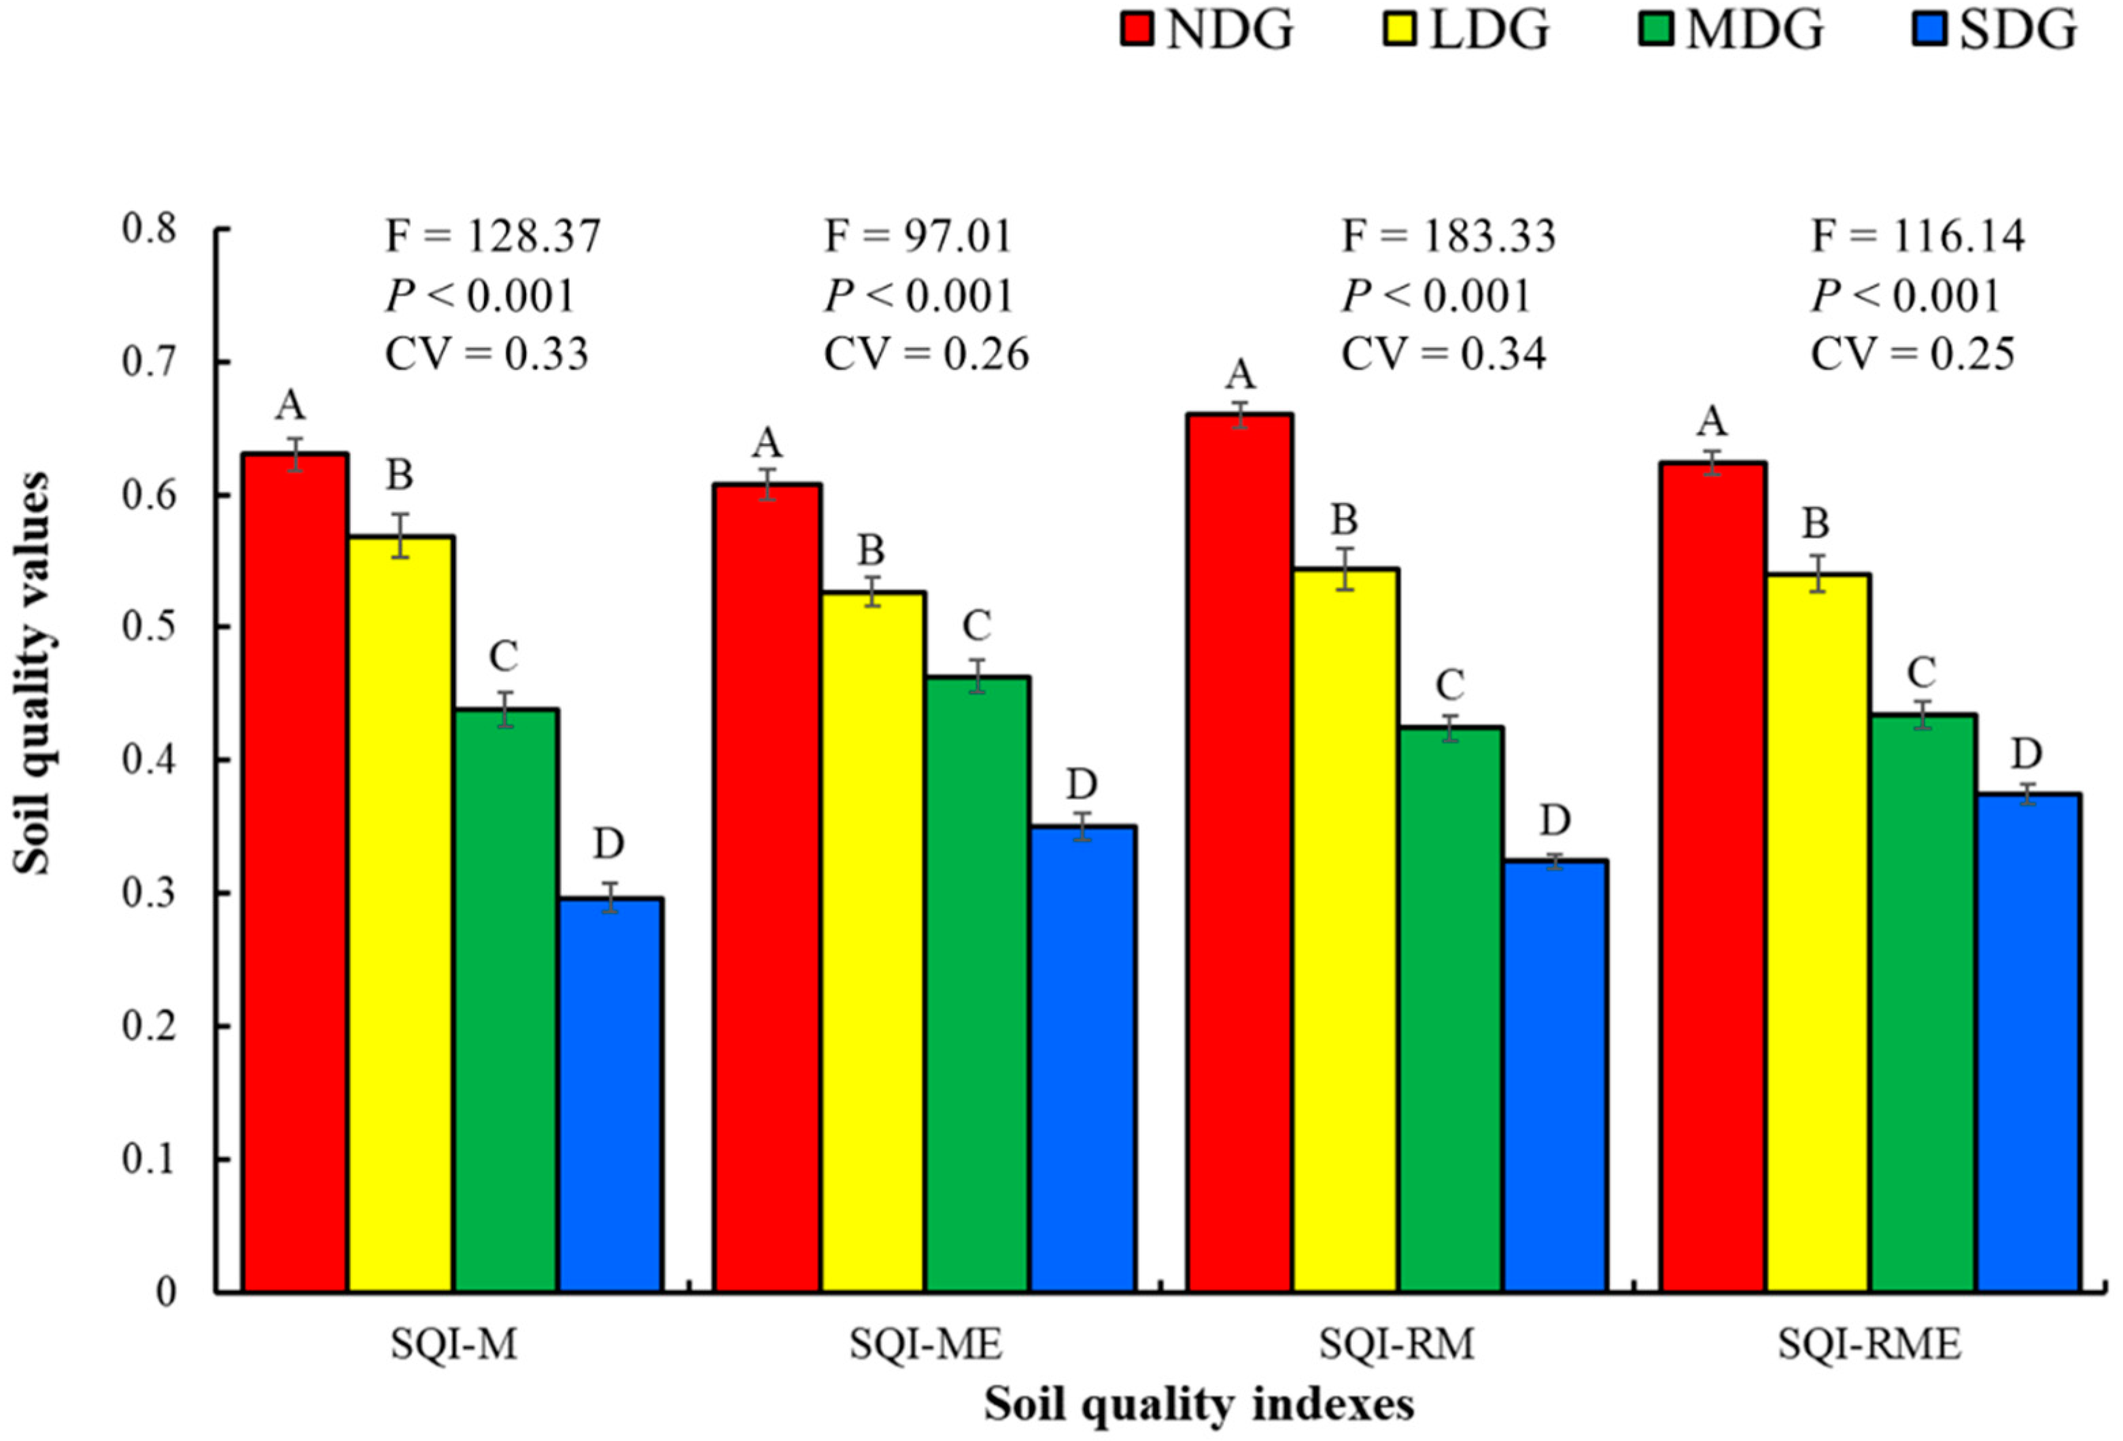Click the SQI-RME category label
coord(1869,1344)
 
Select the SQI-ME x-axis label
coord(925,1344)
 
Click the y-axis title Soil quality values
coord(33,673)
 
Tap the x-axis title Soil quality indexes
coord(1198,1404)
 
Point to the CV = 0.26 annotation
coord(925,354)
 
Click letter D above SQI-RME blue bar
coord(2026,754)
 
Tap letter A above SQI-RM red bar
coord(1240,375)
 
